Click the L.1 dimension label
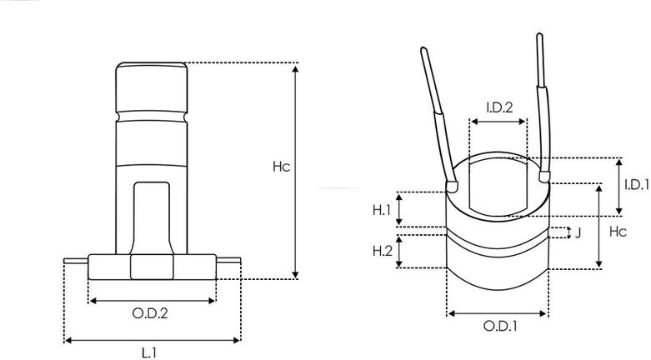click(x=151, y=352)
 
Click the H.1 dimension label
click(x=382, y=210)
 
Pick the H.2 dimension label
click(x=382, y=251)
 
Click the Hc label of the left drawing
click(x=281, y=167)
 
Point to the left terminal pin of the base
click(x=76, y=262)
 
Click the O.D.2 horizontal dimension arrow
click(x=152, y=299)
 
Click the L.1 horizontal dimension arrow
click(x=152, y=339)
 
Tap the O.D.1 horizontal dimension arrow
click(x=498, y=314)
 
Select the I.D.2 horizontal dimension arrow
click(x=498, y=121)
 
